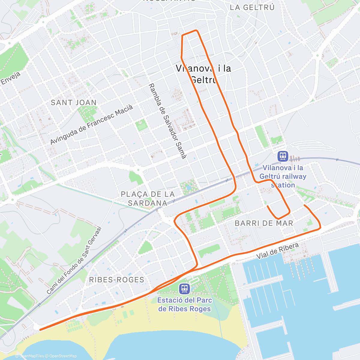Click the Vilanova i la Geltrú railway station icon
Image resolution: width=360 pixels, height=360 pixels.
(283, 156)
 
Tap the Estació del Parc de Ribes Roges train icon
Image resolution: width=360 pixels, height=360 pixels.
(184, 289)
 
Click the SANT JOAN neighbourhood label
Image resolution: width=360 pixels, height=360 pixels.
(73, 103)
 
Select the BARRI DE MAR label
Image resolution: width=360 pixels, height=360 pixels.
(264, 223)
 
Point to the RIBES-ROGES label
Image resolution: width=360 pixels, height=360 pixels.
(117, 280)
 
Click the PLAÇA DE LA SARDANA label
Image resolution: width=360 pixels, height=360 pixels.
(148, 199)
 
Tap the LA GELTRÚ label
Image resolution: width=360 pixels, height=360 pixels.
(252, 7)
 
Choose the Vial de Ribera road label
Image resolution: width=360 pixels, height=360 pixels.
(277, 251)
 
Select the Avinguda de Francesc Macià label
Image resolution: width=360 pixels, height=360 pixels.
(91, 124)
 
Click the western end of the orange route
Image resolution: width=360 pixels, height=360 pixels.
(40, 330)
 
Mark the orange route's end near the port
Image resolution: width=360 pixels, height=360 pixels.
(304, 205)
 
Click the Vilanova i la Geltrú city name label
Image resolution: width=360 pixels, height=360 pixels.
(203, 74)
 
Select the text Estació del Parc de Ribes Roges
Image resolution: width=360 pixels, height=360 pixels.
(184, 304)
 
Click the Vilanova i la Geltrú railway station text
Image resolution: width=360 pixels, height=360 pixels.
(283, 176)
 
